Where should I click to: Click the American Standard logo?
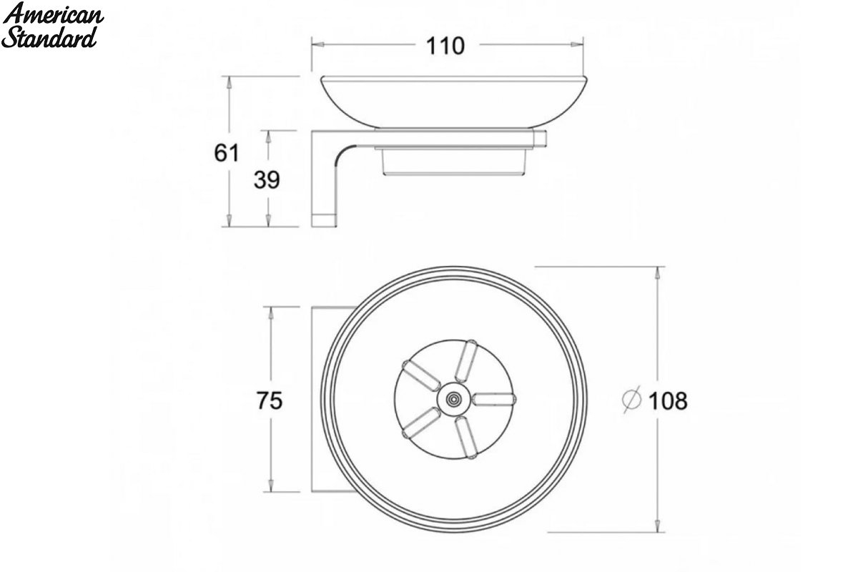coord(52,25)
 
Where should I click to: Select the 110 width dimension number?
coord(445,46)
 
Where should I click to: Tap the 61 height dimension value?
coord(227,152)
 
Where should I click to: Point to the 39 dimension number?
coord(267,179)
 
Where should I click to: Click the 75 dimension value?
coord(270,400)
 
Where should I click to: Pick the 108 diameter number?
coord(668,401)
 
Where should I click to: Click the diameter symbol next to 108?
coord(631,400)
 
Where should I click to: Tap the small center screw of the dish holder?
coord(453,399)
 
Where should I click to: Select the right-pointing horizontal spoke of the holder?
coord(494,399)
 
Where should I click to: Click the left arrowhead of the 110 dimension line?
coord(317,44)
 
